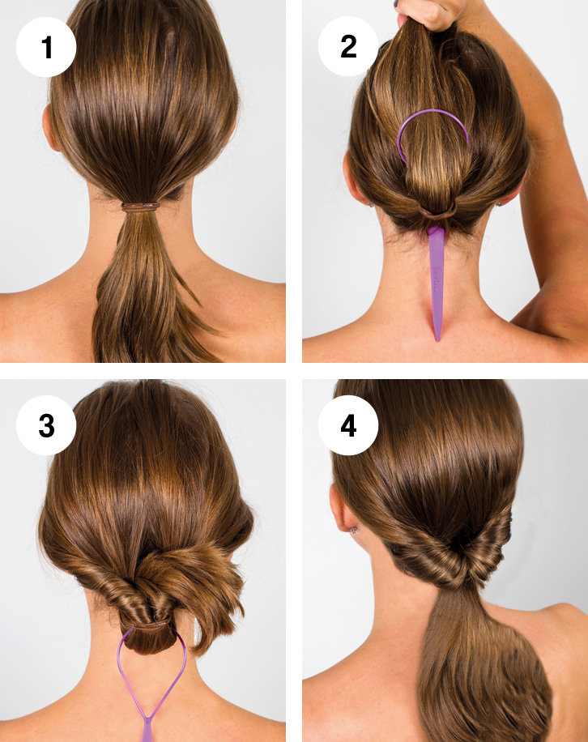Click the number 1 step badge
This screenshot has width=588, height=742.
[x=46, y=47]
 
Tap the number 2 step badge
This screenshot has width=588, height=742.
[x=348, y=46]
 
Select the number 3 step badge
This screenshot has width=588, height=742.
[x=46, y=425]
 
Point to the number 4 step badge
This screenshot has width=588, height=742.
[x=348, y=425]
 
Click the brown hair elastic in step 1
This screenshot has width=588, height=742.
[x=140, y=207]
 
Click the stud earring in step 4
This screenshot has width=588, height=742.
[x=354, y=530]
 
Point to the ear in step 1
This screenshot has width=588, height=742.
[x=49, y=128]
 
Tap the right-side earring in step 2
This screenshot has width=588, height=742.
[x=500, y=203]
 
